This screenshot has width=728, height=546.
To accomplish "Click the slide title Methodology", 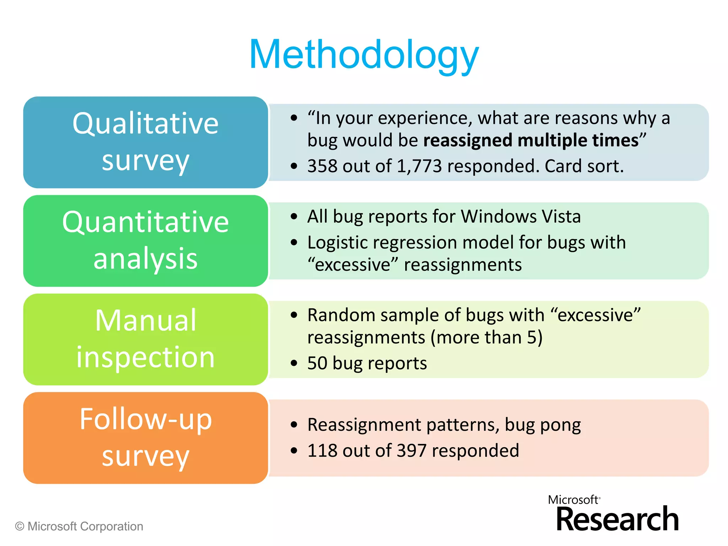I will [x=364, y=55].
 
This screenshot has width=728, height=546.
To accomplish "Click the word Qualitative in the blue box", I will [x=145, y=123].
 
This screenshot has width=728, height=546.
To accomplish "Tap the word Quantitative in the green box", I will [x=145, y=222].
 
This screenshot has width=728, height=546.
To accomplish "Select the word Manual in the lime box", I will [x=145, y=321].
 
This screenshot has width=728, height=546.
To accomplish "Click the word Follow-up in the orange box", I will [x=145, y=419].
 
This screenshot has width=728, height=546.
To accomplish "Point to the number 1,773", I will [x=419, y=166].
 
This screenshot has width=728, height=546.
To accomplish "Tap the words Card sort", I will [x=584, y=166].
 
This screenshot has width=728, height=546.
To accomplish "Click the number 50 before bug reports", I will [x=317, y=363].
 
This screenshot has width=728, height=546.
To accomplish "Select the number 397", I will [x=411, y=451].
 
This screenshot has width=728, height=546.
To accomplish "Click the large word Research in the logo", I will [x=617, y=520].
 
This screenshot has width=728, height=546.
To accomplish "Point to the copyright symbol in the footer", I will [x=20, y=526].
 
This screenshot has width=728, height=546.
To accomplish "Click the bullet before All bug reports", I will [x=294, y=216].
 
